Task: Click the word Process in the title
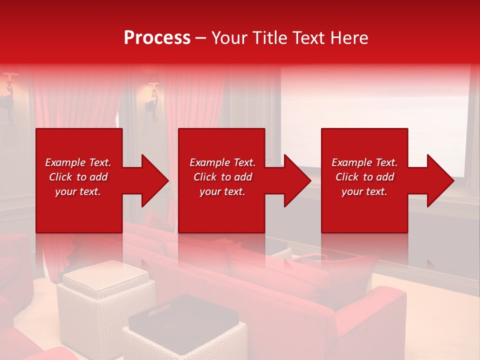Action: [157, 38]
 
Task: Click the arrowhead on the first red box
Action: [152, 180]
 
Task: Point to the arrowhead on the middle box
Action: [295, 180]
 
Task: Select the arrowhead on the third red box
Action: [438, 180]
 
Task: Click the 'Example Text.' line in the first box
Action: [78, 162]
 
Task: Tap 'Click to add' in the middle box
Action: [222, 177]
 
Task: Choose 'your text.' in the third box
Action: [364, 191]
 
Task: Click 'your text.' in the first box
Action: [78, 191]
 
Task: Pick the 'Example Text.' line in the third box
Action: [364, 162]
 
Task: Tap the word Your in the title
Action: [229, 38]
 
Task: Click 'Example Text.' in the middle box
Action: [222, 162]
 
